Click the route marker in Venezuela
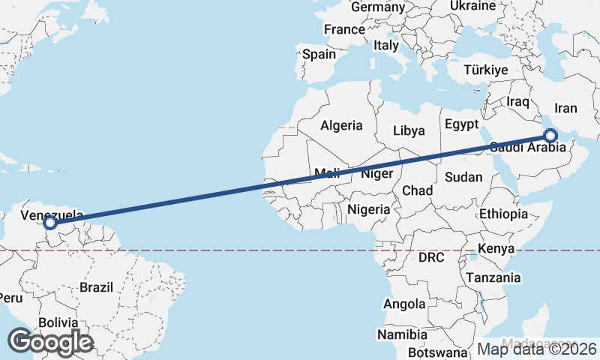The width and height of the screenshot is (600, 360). click(x=50, y=223)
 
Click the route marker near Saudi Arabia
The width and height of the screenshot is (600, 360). click(x=550, y=136)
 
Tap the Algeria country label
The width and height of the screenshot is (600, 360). click(x=341, y=126)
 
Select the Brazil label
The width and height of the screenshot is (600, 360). click(x=96, y=286)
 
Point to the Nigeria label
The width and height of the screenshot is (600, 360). click(x=369, y=209)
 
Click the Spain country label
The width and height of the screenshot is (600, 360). click(x=319, y=54)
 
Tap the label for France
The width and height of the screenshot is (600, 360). click(x=343, y=30)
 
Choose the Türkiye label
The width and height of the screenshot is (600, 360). click(x=486, y=70)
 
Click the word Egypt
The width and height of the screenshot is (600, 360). click(x=461, y=124)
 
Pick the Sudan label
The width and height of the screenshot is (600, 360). click(x=463, y=177)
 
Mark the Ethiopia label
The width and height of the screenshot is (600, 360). click(x=504, y=214)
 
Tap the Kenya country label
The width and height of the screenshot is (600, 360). click(x=496, y=248)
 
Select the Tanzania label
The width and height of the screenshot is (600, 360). click(x=493, y=277)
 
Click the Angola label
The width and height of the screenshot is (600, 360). click(x=404, y=304)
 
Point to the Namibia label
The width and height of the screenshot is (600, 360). click(x=403, y=334)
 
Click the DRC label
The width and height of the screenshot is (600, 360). click(x=431, y=257)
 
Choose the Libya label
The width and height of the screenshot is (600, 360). click(x=409, y=130)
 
